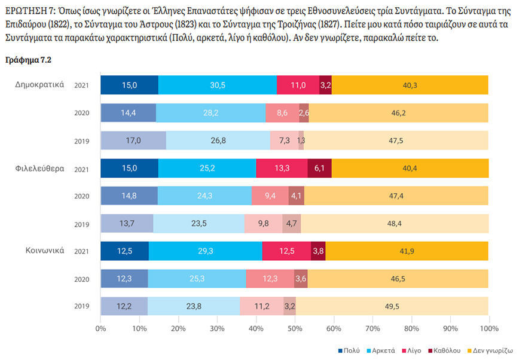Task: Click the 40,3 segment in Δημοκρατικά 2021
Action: click(410, 86)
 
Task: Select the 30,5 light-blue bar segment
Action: click(218, 86)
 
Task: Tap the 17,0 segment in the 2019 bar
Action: click(133, 141)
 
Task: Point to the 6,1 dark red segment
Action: click(319, 169)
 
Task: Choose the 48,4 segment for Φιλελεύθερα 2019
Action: click(394, 224)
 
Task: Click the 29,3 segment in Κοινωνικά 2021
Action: click(206, 251)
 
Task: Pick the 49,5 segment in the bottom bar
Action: click(392, 306)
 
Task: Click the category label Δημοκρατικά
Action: click(40, 85)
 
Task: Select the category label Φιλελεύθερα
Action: click(40, 168)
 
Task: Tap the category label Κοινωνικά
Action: click(44, 251)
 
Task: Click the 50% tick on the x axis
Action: click(295, 329)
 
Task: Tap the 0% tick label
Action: click(101, 329)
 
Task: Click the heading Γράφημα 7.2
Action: click(28, 60)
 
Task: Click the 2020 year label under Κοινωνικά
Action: click(81, 279)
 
